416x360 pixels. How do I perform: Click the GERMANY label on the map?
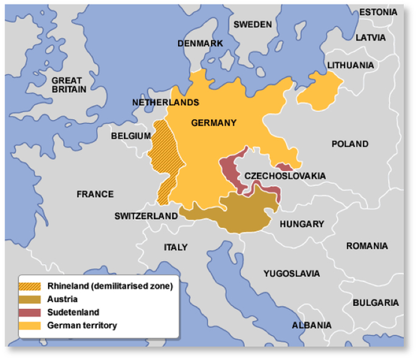click(213, 123)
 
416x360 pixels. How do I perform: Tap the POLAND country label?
click(350, 143)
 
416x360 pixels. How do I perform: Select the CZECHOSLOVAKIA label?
click(285, 175)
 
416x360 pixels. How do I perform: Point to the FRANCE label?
click(95, 194)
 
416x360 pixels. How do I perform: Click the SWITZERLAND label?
click(146, 216)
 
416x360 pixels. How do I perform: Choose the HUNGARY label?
click(301, 223)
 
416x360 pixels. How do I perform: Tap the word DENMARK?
click(200, 43)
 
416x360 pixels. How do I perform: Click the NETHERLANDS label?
click(165, 101)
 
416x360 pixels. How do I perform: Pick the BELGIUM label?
click(130, 136)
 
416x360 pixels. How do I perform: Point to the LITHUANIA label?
click(349, 65)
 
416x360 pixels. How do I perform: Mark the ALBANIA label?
click(312, 325)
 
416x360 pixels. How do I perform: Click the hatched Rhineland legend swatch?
click(32, 286)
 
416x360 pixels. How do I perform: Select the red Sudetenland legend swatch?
click(32, 311)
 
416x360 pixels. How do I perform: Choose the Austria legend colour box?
click(32, 298)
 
